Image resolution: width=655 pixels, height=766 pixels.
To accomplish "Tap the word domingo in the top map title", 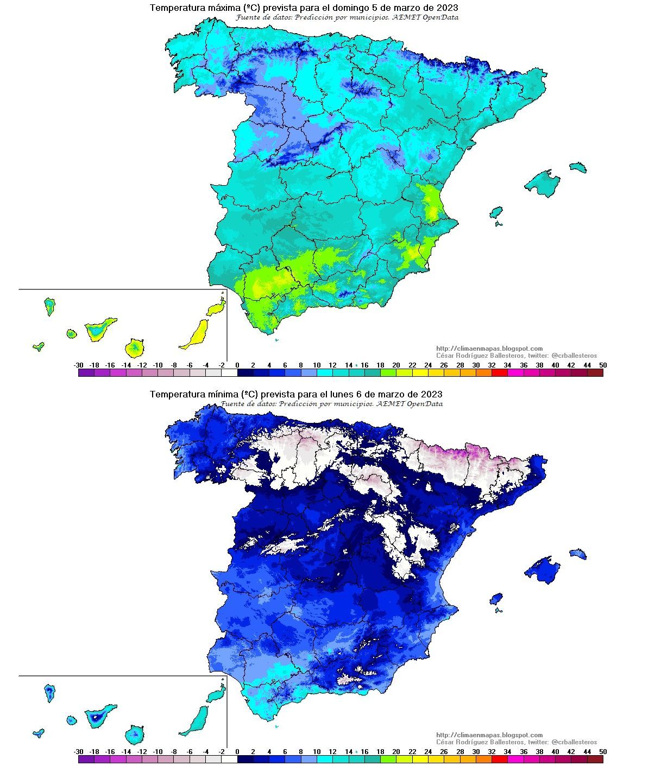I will pyautogui.click(x=347, y=8).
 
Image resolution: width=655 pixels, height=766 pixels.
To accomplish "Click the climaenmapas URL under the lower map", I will pyautogui.click(x=489, y=735).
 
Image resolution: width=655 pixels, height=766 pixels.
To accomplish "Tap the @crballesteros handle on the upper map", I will pyautogui.click(x=574, y=356).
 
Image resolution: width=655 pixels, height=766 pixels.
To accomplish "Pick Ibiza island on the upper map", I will pyautogui.click(x=495, y=212).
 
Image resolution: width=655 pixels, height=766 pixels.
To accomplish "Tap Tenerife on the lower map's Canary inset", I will pyautogui.click(x=99, y=715).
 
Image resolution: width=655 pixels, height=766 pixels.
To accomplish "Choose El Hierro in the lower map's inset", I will pyautogui.click(x=38, y=733).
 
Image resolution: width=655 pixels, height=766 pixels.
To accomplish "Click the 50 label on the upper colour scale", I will pyautogui.click(x=602, y=365).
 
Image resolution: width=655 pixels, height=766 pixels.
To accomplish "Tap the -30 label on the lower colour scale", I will pyautogui.click(x=79, y=752).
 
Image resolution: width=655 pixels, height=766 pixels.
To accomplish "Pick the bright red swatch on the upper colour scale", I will pyautogui.click(x=499, y=373).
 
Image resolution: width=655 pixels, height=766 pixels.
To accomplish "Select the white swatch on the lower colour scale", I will pyautogui.click(x=229, y=759).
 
